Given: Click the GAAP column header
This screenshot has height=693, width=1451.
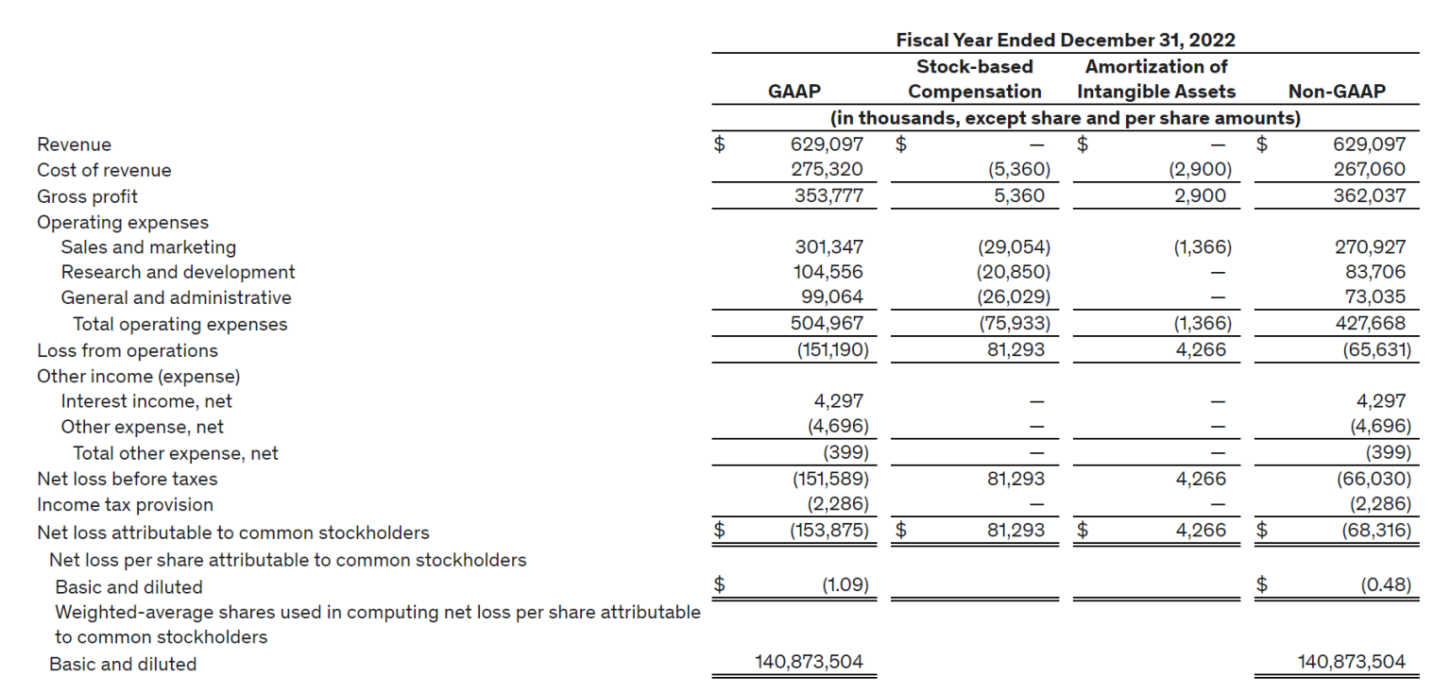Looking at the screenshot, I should click(794, 92).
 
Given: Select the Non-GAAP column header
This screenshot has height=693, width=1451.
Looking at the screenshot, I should click(1337, 92).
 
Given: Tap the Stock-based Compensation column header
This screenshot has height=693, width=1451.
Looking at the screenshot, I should click(974, 79).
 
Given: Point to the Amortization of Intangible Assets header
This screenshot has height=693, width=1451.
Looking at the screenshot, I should click(1156, 79).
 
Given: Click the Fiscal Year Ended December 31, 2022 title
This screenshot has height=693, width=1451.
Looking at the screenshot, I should click(1065, 40).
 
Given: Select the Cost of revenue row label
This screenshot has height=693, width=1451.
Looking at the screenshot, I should click(104, 170).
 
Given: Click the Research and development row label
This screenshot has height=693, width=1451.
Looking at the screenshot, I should click(178, 272).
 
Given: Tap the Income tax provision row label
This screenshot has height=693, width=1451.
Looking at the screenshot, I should click(125, 504).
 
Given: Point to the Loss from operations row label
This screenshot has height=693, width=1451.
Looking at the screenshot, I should click(127, 350).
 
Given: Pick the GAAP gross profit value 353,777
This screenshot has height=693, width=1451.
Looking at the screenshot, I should click(827, 196).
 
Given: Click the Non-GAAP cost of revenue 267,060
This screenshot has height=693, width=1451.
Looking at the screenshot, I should click(1369, 170).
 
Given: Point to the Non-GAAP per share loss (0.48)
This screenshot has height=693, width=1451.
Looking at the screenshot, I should click(1386, 585).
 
